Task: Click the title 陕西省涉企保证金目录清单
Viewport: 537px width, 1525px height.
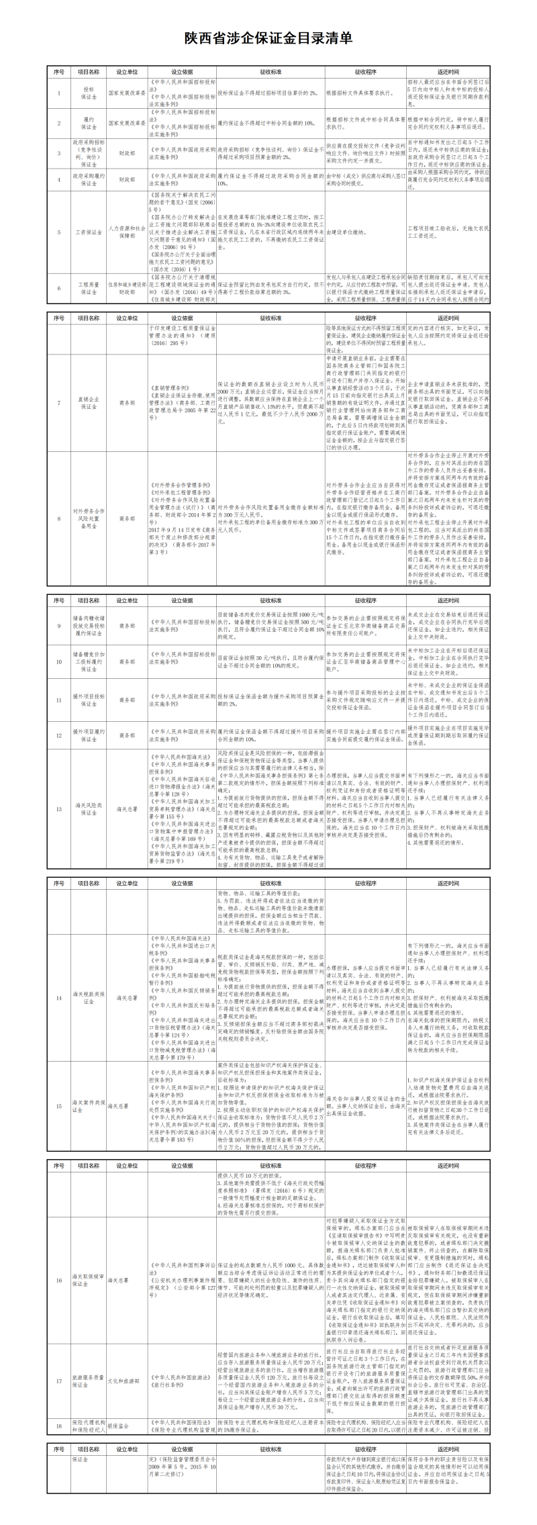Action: [268, 38]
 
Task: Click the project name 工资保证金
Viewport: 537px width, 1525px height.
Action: [89, 232]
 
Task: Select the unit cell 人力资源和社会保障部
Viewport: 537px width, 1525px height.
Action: [127, 232]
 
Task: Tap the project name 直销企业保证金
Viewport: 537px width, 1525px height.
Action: [89, 403]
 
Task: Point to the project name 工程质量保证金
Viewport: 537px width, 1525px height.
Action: [89, 289]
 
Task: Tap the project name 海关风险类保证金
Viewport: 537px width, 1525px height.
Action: [89, 809]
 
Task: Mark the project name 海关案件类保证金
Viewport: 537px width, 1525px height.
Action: [89, 1107]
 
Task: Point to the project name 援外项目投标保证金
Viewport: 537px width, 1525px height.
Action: [89, 700]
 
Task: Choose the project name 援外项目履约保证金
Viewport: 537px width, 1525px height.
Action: [89, 735]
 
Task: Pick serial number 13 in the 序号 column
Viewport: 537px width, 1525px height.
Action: [58, 809]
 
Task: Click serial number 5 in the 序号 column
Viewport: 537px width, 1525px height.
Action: [58, 232]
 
